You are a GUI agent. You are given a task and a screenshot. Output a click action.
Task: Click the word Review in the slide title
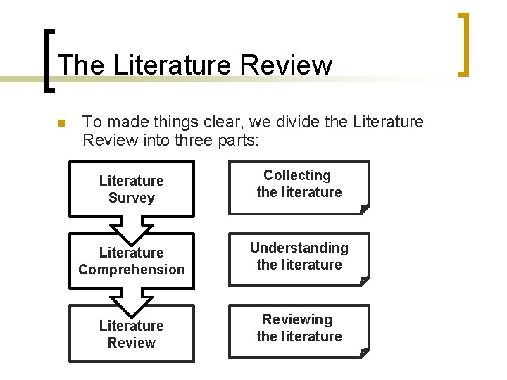pos(285,65)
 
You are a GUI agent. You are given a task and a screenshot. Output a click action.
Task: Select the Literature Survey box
pos(131,189)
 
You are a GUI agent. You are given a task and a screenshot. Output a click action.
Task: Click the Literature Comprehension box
pos(131,261)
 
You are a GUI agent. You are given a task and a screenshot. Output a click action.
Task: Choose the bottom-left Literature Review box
pos(131,334)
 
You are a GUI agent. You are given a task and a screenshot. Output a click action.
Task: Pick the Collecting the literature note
pos(299,187)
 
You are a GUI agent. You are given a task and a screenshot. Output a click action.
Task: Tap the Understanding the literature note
pos(299,259)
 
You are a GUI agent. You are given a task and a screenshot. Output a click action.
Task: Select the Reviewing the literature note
pos(299,331)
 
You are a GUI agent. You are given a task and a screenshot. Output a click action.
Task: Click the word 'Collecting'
pos(297,175)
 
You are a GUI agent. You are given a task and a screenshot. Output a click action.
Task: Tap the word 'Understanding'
pos(299,248)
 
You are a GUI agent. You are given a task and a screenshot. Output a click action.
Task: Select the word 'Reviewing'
pos(297,320)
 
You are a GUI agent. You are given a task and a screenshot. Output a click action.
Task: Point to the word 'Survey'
pos(132,198)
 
